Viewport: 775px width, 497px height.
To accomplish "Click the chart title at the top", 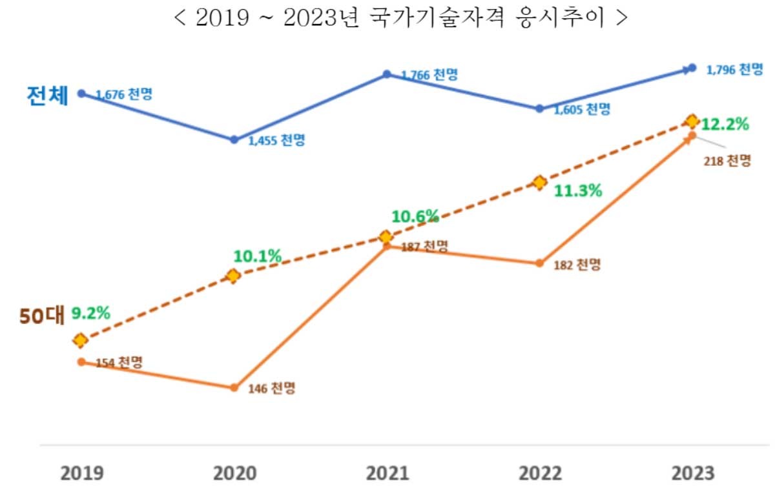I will [x=400, y=17].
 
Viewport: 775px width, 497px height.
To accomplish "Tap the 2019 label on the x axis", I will [x=82, y=473].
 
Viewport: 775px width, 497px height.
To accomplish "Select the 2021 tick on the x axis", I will [x=387, y=473].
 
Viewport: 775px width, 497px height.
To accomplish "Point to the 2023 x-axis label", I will [x=693, y=473].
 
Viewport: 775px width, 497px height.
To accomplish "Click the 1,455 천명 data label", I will [x=276, y=140].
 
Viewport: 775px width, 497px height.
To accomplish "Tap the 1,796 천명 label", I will [x=734, y=70].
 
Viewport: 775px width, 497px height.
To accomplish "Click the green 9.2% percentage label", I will [x=90, y=313].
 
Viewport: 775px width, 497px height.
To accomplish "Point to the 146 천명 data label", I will [x=272, y=389].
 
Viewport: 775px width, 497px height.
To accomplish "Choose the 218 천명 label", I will [x=727, y=161].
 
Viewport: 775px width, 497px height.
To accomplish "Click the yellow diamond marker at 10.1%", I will [x=233, y=276].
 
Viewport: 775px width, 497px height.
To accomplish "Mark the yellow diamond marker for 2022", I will [x=539, y=183].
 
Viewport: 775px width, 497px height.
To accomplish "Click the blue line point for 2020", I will [x=234, y=139].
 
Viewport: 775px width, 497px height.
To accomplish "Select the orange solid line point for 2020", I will [x=234, y=387].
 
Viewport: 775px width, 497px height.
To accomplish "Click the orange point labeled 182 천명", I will [x=539, y=263].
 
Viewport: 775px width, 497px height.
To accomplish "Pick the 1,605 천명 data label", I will [x=581, y=109].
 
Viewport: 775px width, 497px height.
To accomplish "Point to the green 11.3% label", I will [x=578, y=190].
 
